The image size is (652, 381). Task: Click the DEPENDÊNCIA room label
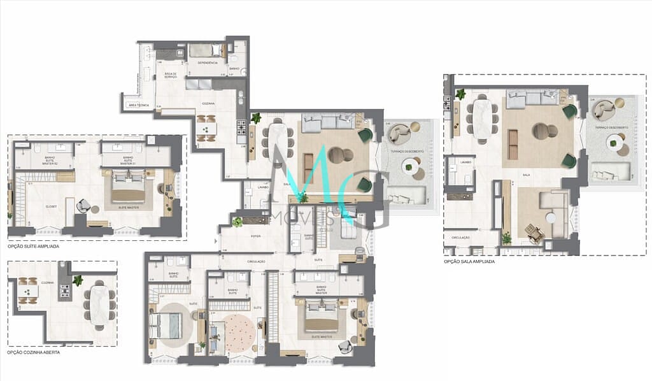pyautogui.click(x=208, y=62)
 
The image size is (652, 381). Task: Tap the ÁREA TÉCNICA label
pyautogui.click(x=138, y=104)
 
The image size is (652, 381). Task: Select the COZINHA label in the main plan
pyautogui.click(x=208, y=103)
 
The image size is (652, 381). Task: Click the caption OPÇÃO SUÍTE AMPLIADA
pyautogui.click(x=34, y=246)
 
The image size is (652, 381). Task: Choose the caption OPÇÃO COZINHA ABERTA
pyautogui.click(x=34, y=352)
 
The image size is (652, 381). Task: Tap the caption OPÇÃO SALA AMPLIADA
pyautogui.click(x=469, y=261)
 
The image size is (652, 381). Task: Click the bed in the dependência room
pyautogui.click(x=206, y=50)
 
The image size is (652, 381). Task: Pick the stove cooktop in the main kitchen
pyautogui.click(x=241, y=129)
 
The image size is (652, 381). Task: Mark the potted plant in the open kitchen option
pyautogui.click(x=78, y=280)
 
